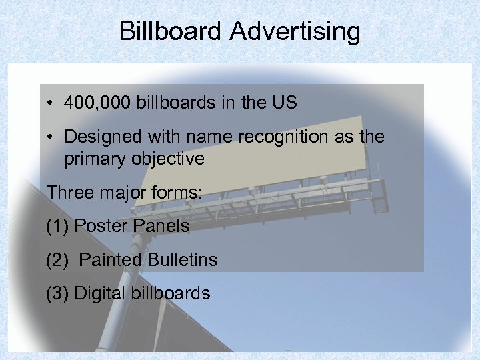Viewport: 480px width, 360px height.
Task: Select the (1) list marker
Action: [57, 226]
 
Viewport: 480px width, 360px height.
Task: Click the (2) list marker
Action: [57, 259]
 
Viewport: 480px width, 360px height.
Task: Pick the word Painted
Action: [110, 259]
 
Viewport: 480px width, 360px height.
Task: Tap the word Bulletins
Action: [183, 259]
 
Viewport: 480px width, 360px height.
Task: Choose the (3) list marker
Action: [57, 293]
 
